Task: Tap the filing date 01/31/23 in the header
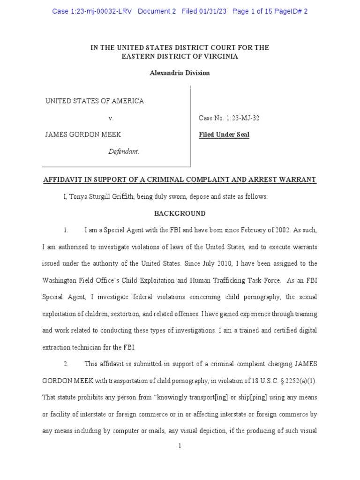point(212,11)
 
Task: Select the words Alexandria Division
point(180,73)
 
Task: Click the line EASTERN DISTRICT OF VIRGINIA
point(180,56)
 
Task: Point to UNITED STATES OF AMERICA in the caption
point(94,101)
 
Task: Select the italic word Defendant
point(124,151)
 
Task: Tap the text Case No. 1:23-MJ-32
point(229,118)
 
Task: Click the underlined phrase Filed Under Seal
point(224,135)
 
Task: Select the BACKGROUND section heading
point(180,213)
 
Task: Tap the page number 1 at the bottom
point(180,446)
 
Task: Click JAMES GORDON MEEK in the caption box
point(82,135)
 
